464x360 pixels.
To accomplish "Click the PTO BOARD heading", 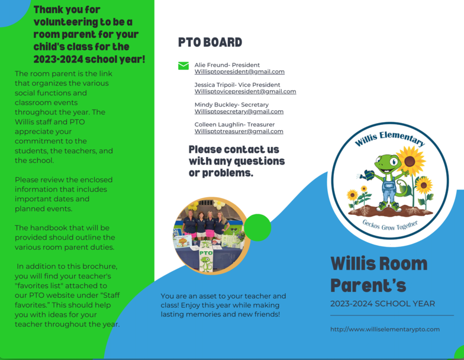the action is pyautogui.click(x=210, y=43).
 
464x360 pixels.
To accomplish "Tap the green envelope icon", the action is pyautogui.click(x=183, y=66).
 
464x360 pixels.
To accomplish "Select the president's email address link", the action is pyautogui.click(x=239, y=72).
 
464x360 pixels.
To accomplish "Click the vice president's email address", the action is pyautogui.click(x=245, y=91).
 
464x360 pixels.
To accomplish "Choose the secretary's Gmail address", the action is pyautogui.click(x=239, y=111).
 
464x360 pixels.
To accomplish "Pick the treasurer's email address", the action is pyautogui.click(x=239, y=131).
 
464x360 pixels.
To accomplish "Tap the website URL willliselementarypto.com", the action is pyautogui.click(x=385, y=329).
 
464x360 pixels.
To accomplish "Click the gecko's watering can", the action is pyautogui.click(x=368, y=175).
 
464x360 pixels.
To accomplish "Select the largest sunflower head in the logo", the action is pyautogui.click(x=410, y=161).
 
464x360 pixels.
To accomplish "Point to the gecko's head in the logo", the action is pyautogui.click(x=387, y=164).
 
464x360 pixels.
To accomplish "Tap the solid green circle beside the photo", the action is pyautogui.click(x=257, y=227).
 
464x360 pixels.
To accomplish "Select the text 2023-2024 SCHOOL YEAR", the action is pyautogui.click(x=382, y=304).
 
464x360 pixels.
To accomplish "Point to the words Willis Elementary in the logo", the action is pyautogui.click(x=390, y=139).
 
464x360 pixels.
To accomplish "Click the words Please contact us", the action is pyautogui.click(x=234, y=149).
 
